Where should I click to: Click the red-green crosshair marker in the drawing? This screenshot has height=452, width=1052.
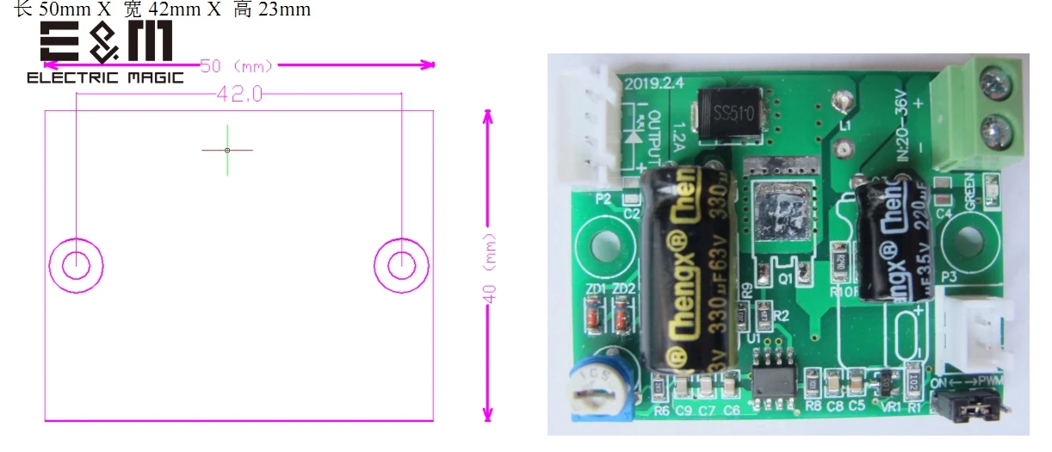click(227, 151)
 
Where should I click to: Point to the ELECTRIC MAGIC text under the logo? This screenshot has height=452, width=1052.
click(105, 78)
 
